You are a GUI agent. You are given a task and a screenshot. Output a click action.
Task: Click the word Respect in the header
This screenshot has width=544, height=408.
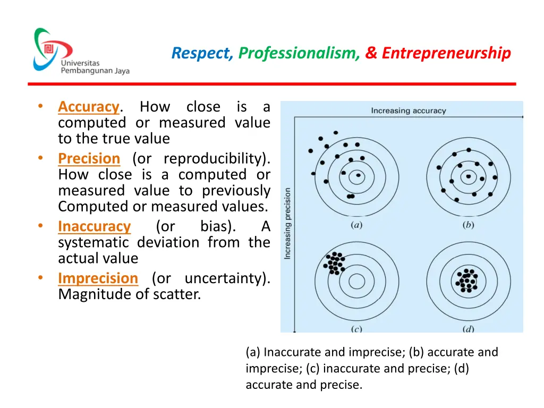(202, 53)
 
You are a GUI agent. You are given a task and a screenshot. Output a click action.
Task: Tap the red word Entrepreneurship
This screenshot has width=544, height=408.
(446, 53)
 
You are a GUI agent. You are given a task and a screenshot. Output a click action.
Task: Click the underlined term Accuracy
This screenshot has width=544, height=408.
(89, 107)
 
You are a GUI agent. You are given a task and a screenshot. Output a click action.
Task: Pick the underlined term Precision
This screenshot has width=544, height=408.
(89, 159)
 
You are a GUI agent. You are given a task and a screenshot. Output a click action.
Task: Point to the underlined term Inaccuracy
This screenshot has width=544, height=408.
(94, 226)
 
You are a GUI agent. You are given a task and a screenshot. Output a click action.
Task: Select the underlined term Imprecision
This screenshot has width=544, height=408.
(98, 278)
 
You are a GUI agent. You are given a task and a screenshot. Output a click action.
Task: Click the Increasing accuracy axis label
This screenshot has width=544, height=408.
(408, 111)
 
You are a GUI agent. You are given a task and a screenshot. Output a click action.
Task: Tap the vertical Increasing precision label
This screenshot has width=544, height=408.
(287, 224)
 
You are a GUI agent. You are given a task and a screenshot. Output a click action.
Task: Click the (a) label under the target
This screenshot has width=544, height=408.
(356, 225)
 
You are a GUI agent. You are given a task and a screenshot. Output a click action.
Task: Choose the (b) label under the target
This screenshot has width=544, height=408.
(468, 225)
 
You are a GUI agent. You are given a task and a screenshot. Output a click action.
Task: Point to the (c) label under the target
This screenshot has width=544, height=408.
(356, 329)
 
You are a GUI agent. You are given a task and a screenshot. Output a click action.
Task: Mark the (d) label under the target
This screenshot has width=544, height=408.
(468, 329)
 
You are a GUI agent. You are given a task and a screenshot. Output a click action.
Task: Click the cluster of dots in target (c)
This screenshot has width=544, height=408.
(335, 262)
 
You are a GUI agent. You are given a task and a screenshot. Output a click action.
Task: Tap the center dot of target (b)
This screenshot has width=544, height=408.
(468, 176)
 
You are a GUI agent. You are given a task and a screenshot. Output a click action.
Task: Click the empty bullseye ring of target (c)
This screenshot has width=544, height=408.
(356, 280)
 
